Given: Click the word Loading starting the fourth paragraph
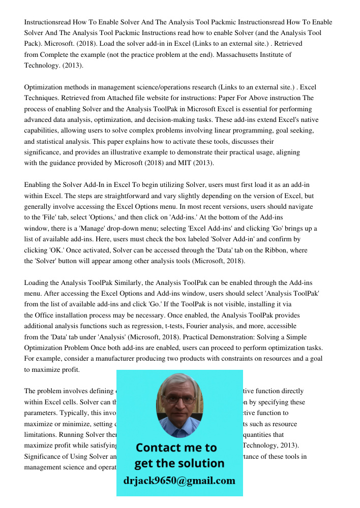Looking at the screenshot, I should tap(37, 282).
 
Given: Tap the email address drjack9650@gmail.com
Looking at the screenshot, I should tap(179, 481).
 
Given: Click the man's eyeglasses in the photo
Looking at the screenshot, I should tap(179, 400).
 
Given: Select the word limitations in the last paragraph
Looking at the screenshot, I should tap(42, 435).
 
